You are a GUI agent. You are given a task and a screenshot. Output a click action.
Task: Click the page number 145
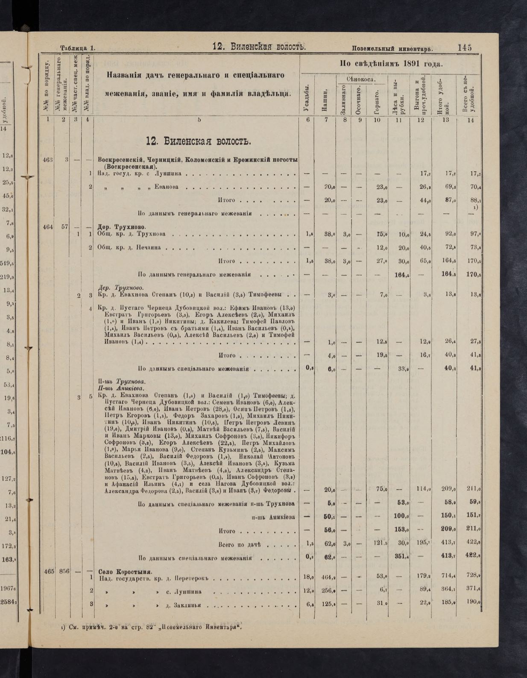(465, 47)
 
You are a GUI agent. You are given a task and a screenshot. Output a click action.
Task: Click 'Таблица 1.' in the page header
(77, 48)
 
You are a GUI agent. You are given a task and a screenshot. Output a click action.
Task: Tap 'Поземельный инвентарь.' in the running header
(392, 48)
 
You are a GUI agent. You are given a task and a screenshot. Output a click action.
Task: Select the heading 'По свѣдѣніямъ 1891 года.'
(390, 64)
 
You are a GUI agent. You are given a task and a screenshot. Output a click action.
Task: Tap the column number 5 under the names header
(199, 120)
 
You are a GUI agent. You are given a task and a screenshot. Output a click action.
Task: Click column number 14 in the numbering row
(470, 120)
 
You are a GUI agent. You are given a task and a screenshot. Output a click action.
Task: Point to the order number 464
(47, 227)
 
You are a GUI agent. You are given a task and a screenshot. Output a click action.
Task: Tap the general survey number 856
(64, 571)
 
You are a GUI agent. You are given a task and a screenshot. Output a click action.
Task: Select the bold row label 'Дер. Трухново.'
(122, 226)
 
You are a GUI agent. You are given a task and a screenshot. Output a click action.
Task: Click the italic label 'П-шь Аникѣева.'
(121, 389)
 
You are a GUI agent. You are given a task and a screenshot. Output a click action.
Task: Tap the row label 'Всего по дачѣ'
(239, 544)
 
